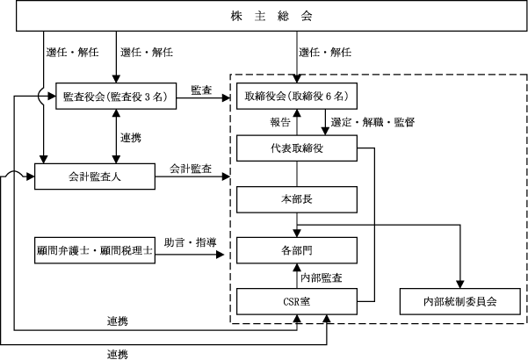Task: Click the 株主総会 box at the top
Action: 271,16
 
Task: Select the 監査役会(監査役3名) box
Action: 116,97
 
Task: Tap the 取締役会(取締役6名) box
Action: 297,97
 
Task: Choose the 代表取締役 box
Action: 297,148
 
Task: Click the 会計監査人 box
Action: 95,176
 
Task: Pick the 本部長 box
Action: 297,199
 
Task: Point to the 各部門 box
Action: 297,250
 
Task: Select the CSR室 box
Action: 297,301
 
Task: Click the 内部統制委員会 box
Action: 460,301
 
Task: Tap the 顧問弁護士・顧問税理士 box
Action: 95,250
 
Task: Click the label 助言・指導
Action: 191,242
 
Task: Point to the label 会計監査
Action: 191,169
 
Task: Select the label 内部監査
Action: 322,277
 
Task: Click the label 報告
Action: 280,122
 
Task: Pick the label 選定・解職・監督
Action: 372,122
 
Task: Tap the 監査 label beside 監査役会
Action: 201,90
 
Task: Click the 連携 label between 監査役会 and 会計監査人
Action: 131,138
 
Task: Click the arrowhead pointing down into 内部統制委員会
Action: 460,284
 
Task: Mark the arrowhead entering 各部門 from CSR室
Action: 297,268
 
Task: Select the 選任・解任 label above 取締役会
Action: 325,52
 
